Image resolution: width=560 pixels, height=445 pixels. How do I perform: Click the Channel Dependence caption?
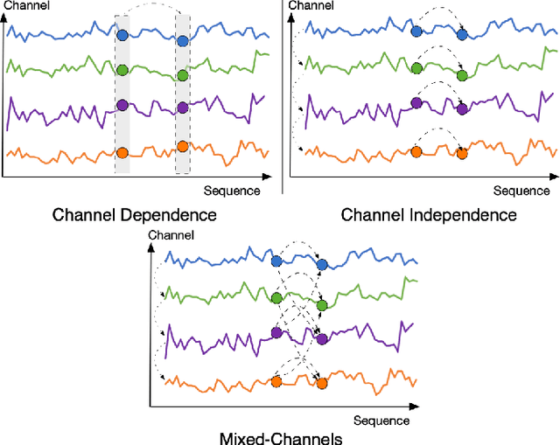point(135,214)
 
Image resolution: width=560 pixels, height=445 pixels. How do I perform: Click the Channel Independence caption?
point(429,214)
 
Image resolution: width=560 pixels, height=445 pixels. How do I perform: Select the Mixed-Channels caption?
point(281,437)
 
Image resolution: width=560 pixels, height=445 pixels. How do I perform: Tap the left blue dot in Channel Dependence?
point(122,36)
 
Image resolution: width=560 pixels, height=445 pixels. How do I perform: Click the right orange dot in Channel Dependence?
point(182,146)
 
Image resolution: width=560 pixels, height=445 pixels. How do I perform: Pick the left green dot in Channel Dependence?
point(122,70)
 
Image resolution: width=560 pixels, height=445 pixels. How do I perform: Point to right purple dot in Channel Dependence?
point(182,108)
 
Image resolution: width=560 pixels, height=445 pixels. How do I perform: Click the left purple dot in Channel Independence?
point(416,104)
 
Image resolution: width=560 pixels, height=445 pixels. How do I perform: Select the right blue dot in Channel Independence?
point(462,36)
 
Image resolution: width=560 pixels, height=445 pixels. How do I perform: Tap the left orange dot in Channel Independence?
point(416,151)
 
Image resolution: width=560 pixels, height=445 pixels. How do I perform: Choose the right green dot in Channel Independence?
point(462,75)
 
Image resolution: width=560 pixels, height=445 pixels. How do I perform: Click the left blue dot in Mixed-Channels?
point(276,261)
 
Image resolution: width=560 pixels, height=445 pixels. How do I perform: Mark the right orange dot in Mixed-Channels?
point(322,382)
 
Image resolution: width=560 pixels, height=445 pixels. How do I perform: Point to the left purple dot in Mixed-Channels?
point(276,332)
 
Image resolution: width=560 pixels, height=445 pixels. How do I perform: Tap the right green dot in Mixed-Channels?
point(322,305)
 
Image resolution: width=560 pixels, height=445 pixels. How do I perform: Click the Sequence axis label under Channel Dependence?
point(232,190)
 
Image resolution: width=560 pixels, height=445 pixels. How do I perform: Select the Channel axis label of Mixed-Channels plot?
point(165,234)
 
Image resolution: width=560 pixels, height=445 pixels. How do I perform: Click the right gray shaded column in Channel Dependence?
point(182,92)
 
